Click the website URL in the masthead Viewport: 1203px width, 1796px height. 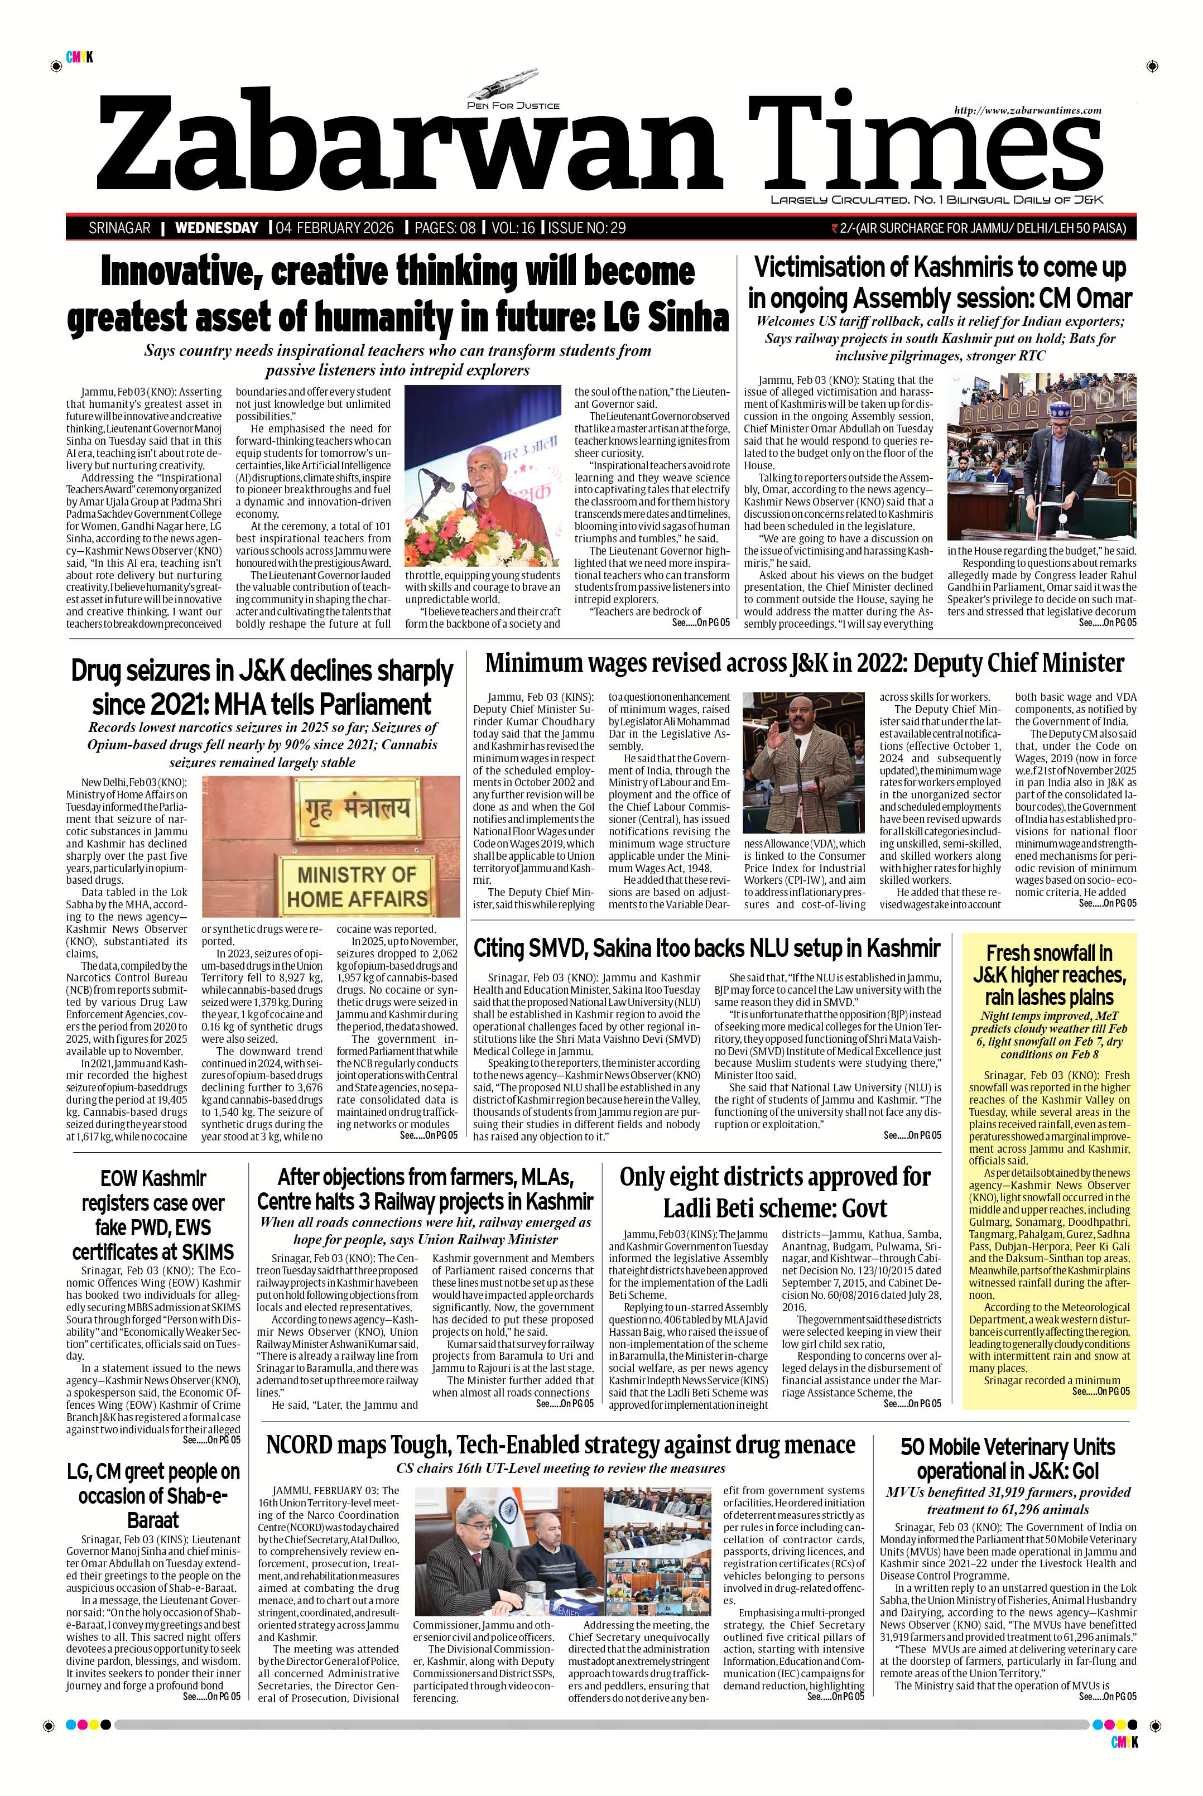(x=1027, y=110)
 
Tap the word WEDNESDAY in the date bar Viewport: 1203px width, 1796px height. (x=216, y=228)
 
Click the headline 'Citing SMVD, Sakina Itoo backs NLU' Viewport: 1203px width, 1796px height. (x=706, y=948)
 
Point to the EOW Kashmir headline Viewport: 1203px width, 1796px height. (x=153, y=1215)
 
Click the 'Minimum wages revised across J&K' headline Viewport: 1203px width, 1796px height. (x=804, y=663)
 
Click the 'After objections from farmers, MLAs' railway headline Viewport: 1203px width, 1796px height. (x=425, y=1188)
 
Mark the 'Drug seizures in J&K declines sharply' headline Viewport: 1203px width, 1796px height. (x=262, y=687)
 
